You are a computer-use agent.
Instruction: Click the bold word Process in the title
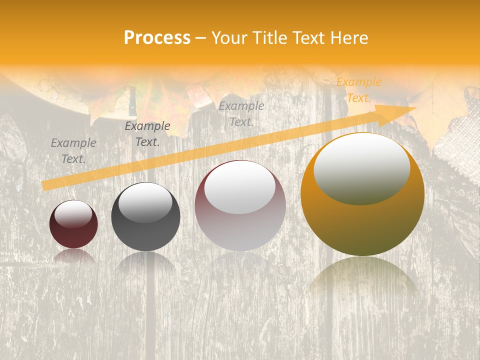point(157,38)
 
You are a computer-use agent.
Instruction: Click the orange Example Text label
point(358,90)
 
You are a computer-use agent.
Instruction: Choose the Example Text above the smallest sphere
point(73,151)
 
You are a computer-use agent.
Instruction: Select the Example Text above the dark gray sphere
point(147,134)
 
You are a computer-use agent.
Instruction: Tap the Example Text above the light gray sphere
point(241,114)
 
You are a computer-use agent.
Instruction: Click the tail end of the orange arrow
point(45,186)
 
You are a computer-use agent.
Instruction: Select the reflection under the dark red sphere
point(73,256)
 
